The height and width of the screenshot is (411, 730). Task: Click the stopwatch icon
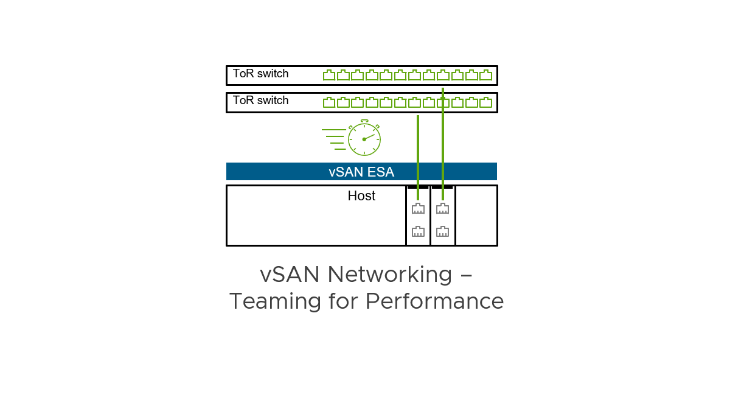point(364,139)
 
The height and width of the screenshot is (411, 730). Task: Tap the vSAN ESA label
point(361,172)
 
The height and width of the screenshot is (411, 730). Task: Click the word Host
point(361,196)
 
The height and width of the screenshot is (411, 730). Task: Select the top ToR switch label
point(260,74)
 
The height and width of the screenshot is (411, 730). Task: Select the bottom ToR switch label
point(260,100)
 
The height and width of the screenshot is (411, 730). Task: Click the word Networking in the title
point(389,275)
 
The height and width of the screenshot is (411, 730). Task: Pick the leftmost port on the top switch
point(329,75)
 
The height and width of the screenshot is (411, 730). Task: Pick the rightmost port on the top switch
point(485,75)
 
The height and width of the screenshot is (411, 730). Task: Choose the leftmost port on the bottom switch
point(329,102)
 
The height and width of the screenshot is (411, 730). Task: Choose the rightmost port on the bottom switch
point(485,102)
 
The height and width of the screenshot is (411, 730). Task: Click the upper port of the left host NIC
point(418,209)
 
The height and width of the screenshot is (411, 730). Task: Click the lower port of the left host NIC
point(418,231)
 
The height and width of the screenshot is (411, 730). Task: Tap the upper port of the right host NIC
point(442,209)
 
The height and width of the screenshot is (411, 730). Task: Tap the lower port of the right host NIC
point(442,231)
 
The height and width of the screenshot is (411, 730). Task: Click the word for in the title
point(342,301)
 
